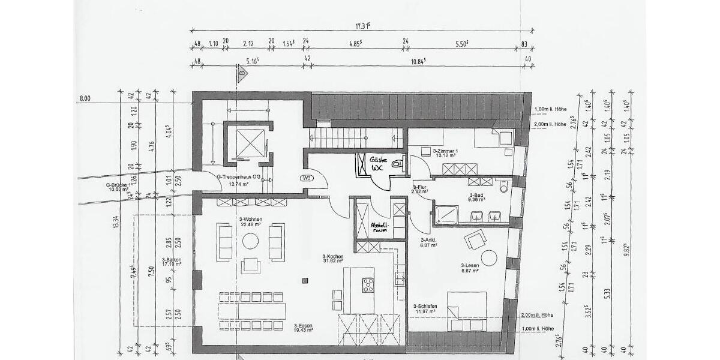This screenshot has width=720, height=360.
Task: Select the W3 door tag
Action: point(307,178)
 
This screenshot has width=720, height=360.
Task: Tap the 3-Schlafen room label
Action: point(425,308)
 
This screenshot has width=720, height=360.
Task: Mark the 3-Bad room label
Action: point(476,198)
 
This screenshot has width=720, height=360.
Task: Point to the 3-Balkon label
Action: point(172,262)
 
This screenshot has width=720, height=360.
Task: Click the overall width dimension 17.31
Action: point(362,26)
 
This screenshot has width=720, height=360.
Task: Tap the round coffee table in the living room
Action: point(250,241)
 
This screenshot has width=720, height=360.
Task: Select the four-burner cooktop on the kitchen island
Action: point(368,286)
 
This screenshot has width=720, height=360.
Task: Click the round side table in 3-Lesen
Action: point(489,258)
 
